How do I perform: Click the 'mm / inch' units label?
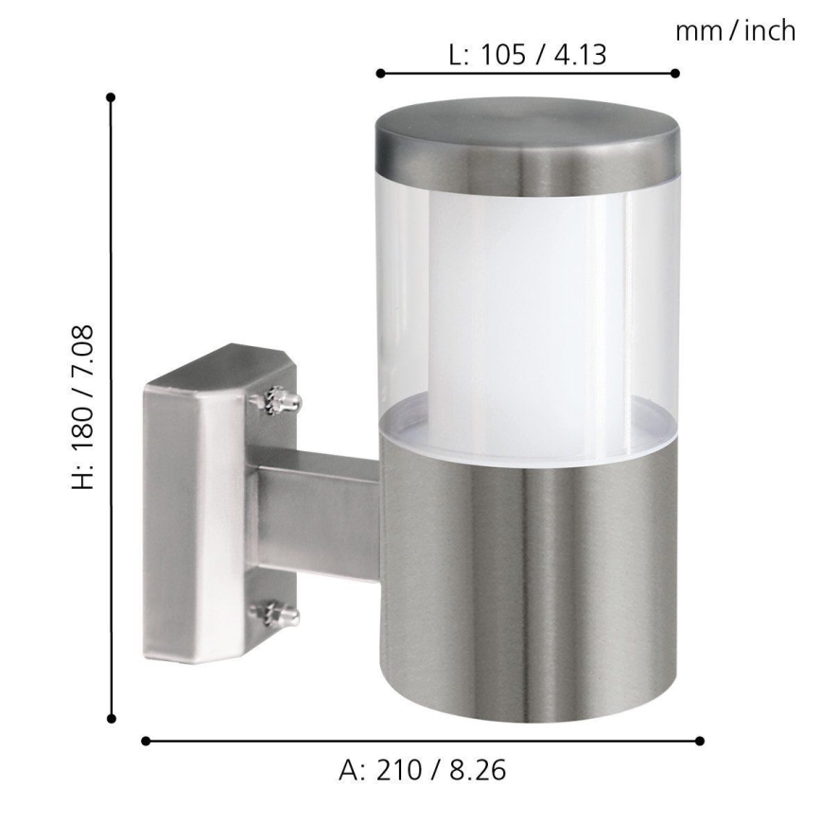735,31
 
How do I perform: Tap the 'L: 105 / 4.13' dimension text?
527,55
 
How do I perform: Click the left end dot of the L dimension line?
379,73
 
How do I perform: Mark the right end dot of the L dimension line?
674,73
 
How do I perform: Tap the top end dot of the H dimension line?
112,96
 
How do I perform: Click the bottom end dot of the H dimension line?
112,719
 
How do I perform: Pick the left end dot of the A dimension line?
146,741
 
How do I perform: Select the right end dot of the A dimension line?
700,741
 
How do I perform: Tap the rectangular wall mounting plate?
189,520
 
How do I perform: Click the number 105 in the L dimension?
503,55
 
